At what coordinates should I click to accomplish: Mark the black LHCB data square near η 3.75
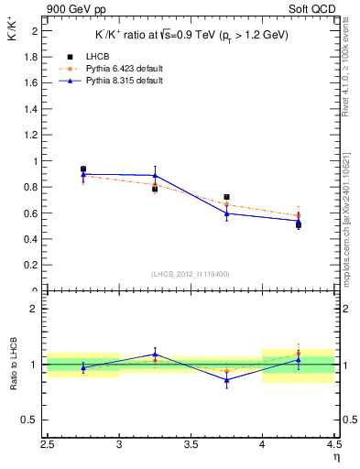pos(226,197)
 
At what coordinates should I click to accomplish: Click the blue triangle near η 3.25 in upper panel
pos(155,176)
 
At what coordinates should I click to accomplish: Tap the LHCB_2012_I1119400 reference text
pos(191,274)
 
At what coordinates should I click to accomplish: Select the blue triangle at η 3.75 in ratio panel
pos(226,379)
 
